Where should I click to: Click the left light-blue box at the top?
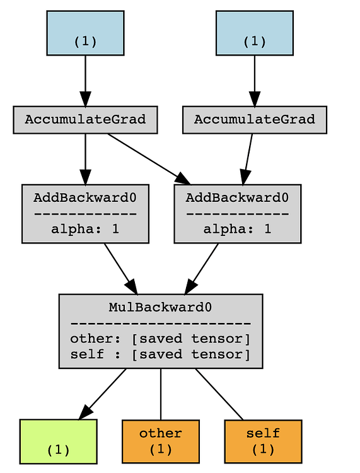(x=85, y=33)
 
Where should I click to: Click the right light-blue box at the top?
(x=254, y=33)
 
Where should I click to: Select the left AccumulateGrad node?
(x=85, y=119)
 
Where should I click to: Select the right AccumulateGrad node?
(x=254, y=119)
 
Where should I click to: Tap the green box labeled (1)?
(x=58, y=441)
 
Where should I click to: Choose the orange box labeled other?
(x=160, y=441)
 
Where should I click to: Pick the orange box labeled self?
(x=263, y=441)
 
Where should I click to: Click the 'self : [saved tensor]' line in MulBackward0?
(x=160, y=354)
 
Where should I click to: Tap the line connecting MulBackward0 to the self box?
(x=219, y=394)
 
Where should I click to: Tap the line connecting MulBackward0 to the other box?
(x=160, y=394)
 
